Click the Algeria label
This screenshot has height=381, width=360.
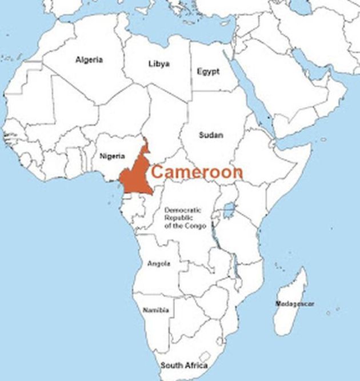[x=89, y=59]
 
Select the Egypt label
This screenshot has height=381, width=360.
[x=208, y=71]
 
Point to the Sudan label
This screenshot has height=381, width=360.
[x=211, y=135]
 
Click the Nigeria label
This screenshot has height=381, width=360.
[x=112, y=155]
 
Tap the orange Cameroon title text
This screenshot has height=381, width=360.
[x=197, y=172]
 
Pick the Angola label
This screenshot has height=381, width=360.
[x=158, y=264]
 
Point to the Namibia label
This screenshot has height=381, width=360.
[x=156, y=310]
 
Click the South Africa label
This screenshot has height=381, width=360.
[x=184, y=365]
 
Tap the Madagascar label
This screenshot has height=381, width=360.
[x=295, y=303]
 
